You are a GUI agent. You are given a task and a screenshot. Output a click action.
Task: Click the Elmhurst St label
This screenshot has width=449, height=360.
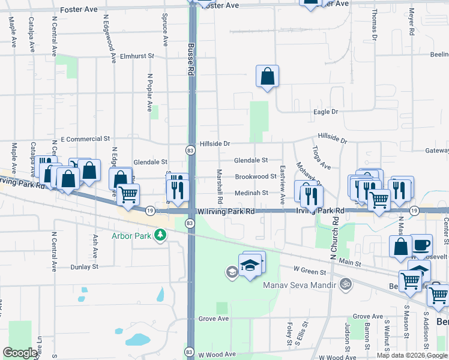(x=137, y=56)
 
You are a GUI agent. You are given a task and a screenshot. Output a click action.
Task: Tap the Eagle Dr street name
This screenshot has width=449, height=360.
(x=326, y=112)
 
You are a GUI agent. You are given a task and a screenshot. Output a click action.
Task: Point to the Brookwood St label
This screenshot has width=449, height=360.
(x=255, y=176)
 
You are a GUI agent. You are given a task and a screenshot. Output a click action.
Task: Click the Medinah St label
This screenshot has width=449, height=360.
(x=251, y=193)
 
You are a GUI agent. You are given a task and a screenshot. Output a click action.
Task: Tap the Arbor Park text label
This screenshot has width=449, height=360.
(x=131, y=236)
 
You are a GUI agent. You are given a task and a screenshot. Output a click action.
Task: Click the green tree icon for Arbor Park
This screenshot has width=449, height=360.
(x=160, y=235)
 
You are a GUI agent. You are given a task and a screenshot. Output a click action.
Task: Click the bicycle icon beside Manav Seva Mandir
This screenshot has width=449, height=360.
(x=345, y=284)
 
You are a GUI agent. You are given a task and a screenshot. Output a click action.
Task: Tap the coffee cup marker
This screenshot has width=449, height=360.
(x=421, y=245)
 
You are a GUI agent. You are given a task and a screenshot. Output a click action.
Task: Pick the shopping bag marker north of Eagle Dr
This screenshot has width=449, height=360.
(x=267, y=76)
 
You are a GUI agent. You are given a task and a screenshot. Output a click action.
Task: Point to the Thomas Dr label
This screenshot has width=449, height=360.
(x=374, y=24)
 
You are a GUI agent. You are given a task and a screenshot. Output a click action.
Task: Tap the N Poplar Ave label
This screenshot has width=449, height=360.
(x=149, y=93)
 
